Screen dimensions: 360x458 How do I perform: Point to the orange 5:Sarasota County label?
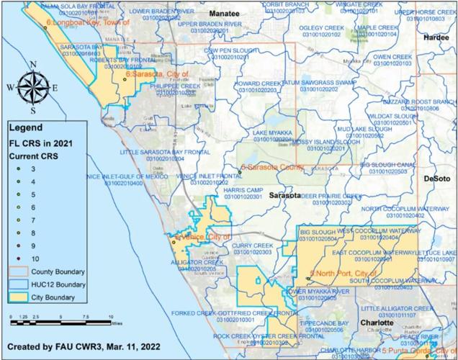point(272,166)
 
